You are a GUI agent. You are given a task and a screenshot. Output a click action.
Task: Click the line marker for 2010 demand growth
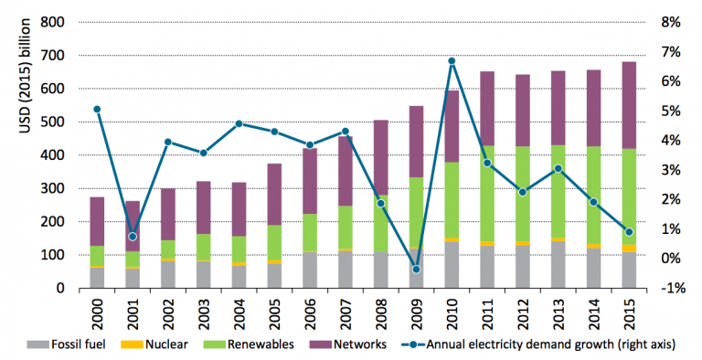coord(452,61)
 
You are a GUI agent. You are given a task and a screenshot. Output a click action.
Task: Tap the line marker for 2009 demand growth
coord(416,270)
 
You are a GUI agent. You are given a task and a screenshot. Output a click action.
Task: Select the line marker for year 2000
coord(97,109)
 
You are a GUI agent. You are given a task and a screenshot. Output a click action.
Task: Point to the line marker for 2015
coord(629,232)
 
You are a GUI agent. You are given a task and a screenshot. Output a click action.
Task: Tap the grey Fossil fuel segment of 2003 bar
coord(203,274)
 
